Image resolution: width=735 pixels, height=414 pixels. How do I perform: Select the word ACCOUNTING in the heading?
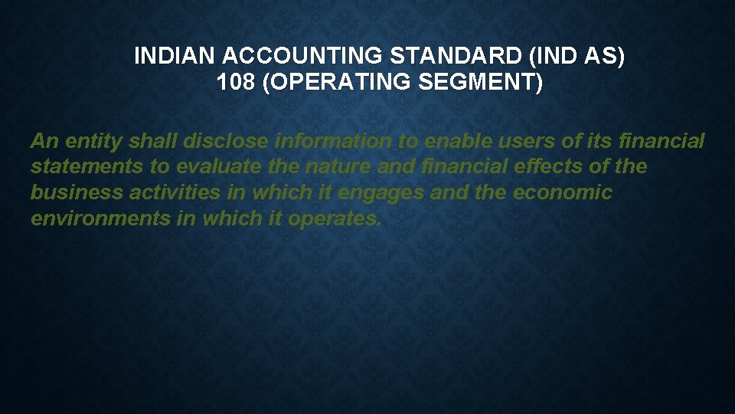click(268, 57)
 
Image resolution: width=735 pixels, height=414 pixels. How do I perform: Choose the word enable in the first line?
click(457, 141)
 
